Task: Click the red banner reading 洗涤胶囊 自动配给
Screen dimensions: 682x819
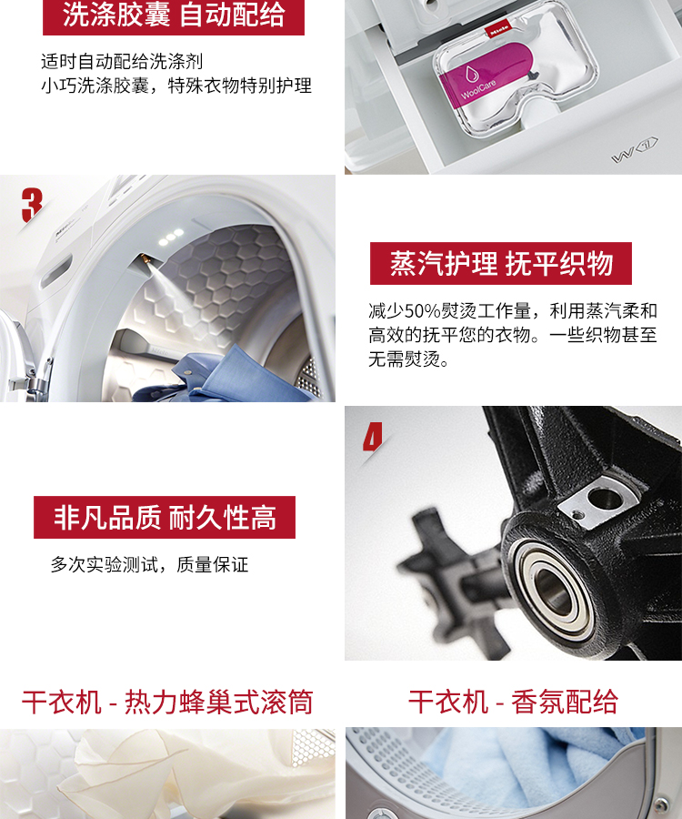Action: tap(174, 15)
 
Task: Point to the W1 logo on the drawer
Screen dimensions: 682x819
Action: tap(635, 150)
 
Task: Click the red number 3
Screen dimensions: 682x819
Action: tap(32, 206)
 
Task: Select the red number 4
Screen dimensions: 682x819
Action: tap(373, 436)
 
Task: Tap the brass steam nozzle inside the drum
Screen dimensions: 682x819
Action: tap(144, 259)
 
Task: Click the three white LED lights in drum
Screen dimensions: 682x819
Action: tap(171, 237)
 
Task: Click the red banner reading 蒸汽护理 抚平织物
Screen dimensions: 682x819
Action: tap(501, 263)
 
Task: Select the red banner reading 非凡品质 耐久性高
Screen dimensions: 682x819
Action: tap(165, 517)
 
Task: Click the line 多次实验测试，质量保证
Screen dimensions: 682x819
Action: tap(149, 564)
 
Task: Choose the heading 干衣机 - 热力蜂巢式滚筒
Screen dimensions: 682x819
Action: tap(167, 702)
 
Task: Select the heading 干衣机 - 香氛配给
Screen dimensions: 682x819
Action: tap(513, 702)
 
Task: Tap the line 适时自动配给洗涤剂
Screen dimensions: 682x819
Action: tap(122, 62)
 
